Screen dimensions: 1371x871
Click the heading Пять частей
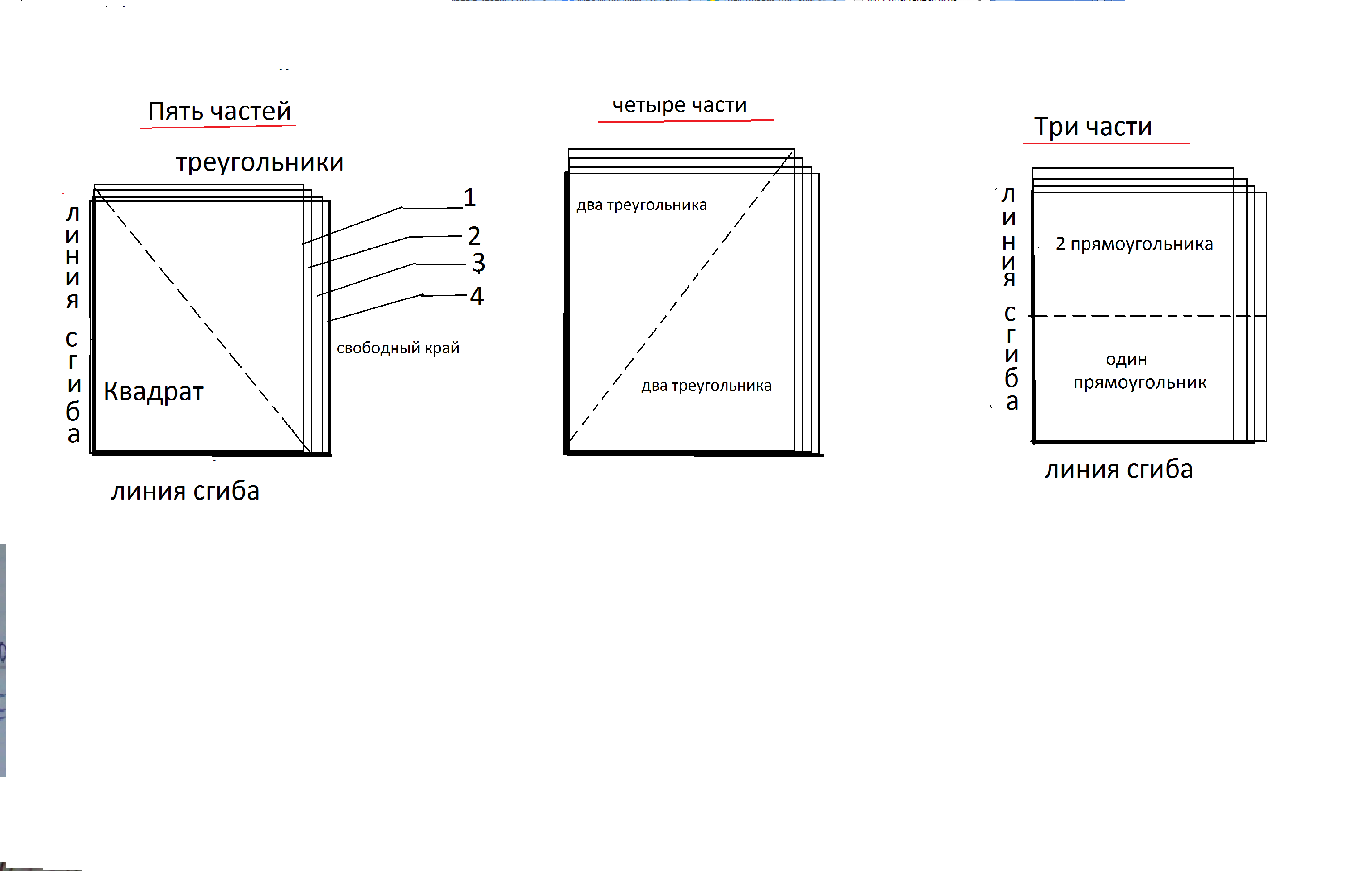point(219,111)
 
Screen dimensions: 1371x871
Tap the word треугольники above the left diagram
point(260,163)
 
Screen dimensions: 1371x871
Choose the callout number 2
point(474,236)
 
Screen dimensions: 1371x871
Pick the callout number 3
point(479,263)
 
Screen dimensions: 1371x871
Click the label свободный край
point(398,348)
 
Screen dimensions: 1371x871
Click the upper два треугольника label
point(642,205)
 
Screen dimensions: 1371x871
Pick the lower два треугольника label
point(707,386)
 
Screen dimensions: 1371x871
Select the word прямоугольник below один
point(1140,382)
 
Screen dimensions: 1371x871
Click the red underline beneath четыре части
point(685,121)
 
